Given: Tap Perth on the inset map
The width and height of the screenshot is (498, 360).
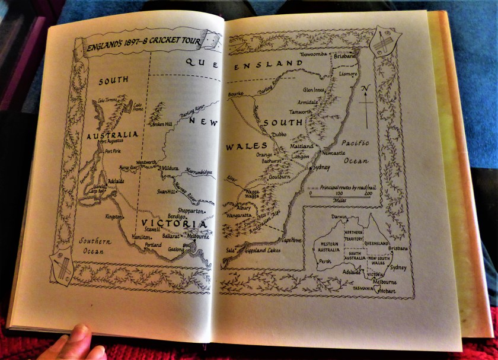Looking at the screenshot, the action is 325,261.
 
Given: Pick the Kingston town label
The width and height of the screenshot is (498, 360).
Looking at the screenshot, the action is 114,216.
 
